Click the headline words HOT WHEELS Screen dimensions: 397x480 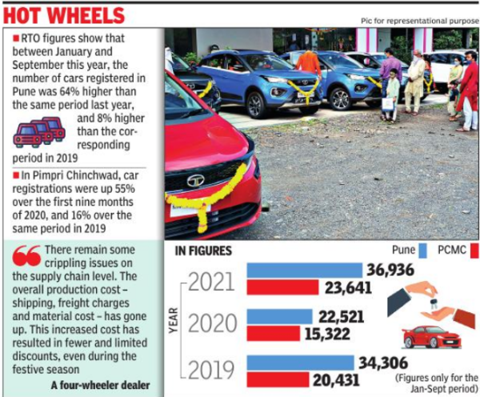point(64,15)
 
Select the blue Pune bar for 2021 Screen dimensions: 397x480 point(304,270)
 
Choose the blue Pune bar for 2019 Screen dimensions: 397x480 point(299,363)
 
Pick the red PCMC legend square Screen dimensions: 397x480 point(474,251)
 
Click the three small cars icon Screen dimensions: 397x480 point(39,130)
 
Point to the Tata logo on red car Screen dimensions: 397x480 point(195,180)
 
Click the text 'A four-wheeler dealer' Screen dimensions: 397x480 point(96,385)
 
